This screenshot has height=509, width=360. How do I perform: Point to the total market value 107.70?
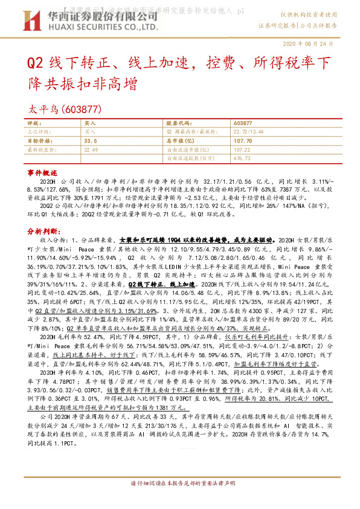pos(243,140)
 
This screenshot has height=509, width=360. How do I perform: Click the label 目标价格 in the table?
pos(39,140)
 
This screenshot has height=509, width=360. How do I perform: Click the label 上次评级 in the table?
pos(39,131)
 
